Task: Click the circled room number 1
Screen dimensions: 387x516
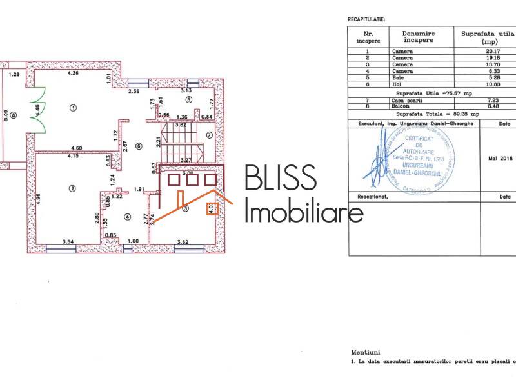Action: tap(74, 108)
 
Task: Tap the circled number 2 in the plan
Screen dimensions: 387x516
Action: tap(72, 188)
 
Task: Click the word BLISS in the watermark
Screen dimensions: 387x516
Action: tap(280, 179)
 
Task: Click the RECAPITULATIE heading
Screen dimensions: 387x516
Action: tap(366, 20)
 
